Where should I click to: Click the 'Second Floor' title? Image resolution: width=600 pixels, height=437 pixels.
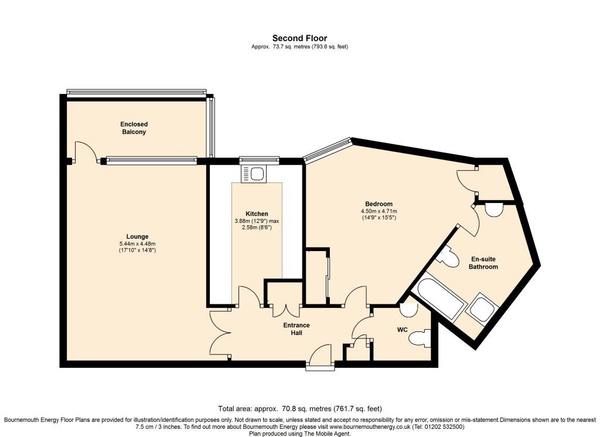(299, 38)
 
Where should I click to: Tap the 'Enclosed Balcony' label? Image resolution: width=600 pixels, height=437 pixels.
(134, 128)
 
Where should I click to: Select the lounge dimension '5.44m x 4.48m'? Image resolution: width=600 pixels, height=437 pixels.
(137, 243)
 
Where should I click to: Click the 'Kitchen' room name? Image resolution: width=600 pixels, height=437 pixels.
(257, 214)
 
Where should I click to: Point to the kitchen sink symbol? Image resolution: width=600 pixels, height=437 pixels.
(256, 174)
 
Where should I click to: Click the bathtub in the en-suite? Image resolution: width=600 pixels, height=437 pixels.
(439, 298)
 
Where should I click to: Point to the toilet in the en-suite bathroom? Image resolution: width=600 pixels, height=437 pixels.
(449, 257)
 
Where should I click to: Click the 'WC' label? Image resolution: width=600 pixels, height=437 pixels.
(402, 330)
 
